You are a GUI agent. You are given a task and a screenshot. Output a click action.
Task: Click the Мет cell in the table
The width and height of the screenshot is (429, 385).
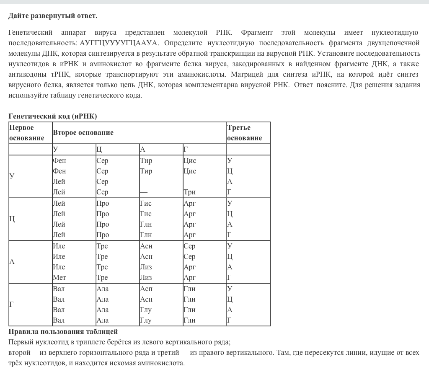point(59,277)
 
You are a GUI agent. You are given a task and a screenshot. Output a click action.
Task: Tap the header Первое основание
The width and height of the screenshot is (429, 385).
point(26,133)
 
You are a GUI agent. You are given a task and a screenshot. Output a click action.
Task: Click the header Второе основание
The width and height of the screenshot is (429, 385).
point(83,133)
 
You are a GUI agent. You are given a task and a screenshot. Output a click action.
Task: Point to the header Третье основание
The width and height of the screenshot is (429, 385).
point(244,133)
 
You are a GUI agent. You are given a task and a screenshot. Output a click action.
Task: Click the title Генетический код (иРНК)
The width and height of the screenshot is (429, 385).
point(52,116)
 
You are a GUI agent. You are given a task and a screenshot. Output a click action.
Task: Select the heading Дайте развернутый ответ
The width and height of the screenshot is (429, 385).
point(53,16)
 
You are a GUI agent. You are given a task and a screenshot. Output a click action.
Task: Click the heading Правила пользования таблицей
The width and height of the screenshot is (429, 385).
point(63,332)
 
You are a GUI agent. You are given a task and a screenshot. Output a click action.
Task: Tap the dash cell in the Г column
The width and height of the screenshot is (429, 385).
point(187,181)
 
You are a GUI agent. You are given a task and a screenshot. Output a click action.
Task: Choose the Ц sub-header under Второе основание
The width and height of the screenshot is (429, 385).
point(99,150)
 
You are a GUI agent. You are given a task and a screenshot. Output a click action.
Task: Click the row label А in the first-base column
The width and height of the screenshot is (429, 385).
point(12,262)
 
